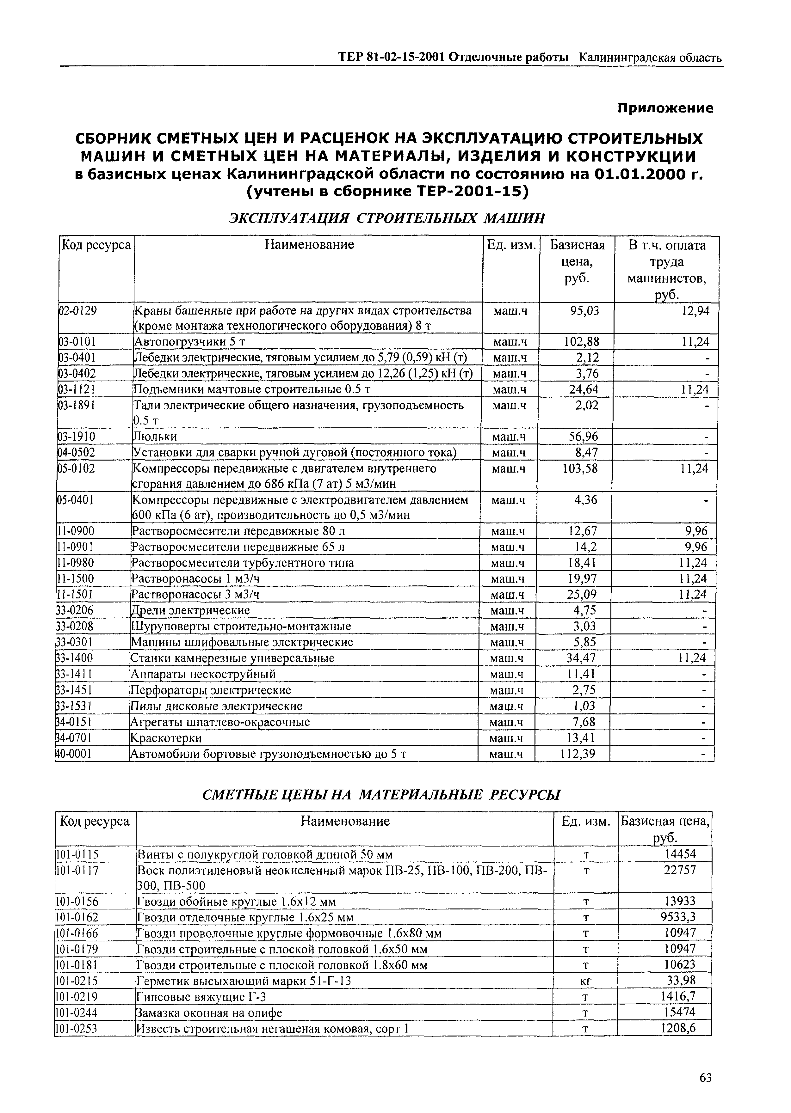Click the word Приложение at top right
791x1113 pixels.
click(x=665, y=108)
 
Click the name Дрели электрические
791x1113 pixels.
click(x=190, y=610)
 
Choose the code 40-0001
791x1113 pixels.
click(x=74, y=754)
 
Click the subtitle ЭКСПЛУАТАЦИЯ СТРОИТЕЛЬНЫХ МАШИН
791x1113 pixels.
click(x=387, y=218)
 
